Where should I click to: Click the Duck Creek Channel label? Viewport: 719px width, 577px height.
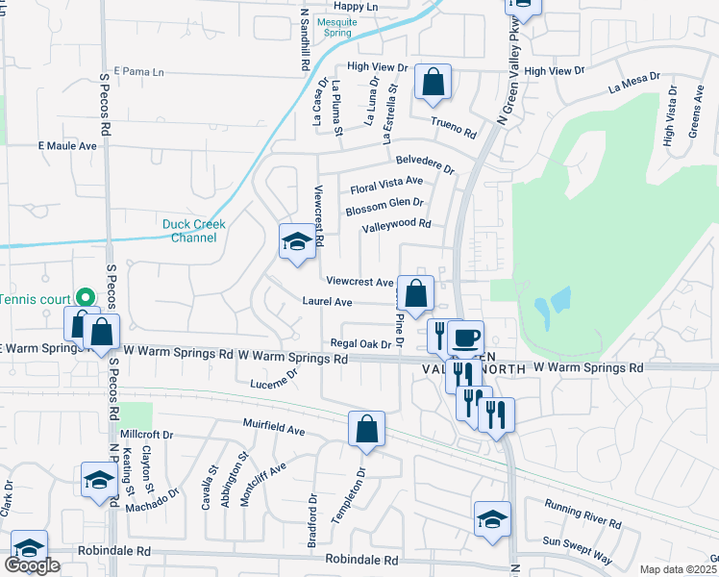click(x=193, y=231)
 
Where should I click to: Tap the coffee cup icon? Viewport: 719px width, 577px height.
click(x=465, y=339)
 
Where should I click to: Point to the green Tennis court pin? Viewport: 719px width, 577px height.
click(x=85, y=297)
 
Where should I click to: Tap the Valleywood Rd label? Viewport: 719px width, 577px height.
click(x=396, y=226)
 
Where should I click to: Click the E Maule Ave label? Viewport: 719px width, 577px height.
click(x=67, y=146)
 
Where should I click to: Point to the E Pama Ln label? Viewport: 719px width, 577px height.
click(x=139, y=72)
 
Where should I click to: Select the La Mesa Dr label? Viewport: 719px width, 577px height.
click(x=634, y=83)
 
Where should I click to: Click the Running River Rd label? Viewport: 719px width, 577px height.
click(x=583, y=514)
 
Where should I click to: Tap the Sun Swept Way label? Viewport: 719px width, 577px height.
click(x=577, y=548)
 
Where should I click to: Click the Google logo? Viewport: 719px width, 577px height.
click(x=32, y=565)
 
